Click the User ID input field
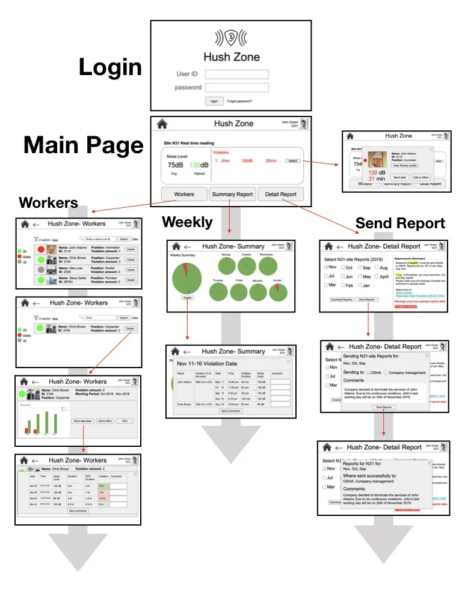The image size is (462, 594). [x=236, y=74]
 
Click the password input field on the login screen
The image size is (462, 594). [x=236, y=88]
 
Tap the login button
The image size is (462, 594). [x=213, y=101]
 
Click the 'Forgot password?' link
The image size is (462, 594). [x=239, y=101]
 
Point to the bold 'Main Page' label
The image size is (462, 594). [x=84, y=146]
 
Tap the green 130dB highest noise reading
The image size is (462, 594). [x=197, y=165]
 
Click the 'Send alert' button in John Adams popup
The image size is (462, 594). [x=399, y=177]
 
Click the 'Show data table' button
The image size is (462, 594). [x=84, y=421]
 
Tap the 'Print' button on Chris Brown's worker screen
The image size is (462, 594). [x=125, y=421]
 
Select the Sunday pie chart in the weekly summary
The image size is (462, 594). [x=277, y=292]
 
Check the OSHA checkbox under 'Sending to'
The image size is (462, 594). [x=369, y=372]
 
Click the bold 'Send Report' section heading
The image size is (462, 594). [x=400, y=224]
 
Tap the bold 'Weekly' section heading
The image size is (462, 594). [x=187, y=222]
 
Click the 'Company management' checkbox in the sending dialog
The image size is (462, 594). [x=386, y=372]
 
